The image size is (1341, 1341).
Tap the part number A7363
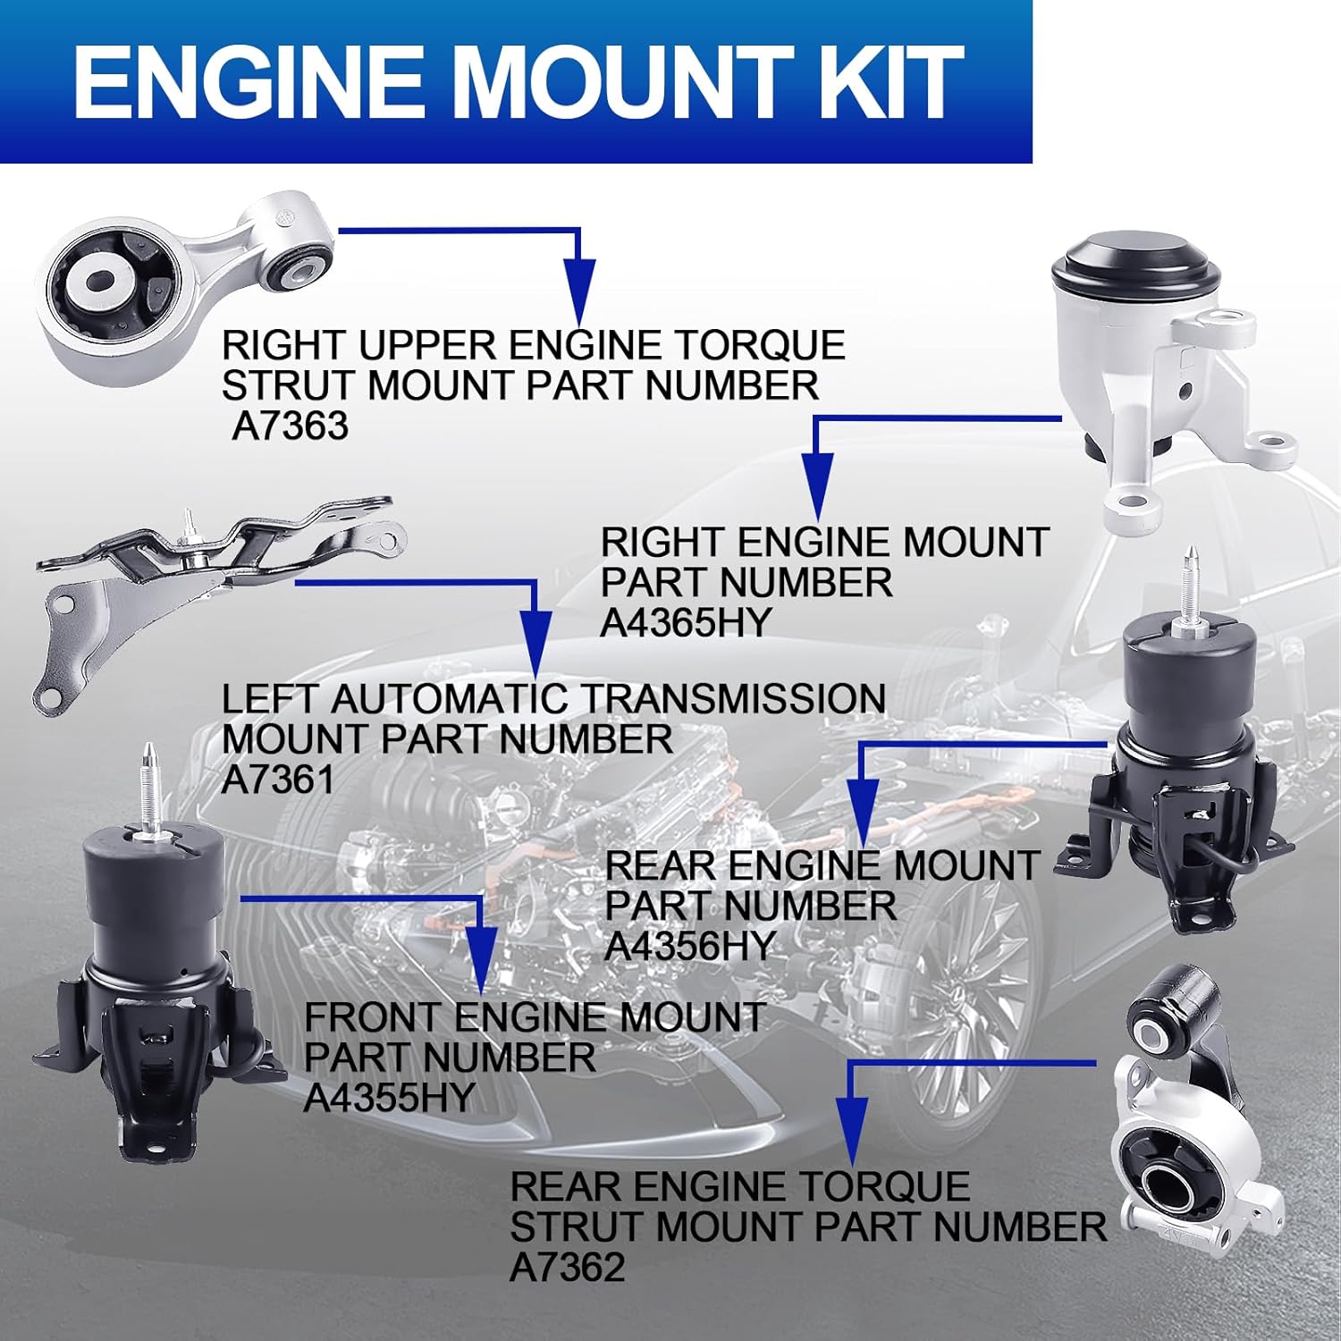290,426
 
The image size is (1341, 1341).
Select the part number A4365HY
685,622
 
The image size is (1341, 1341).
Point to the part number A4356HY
689,946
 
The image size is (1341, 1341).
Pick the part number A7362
567,1267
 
